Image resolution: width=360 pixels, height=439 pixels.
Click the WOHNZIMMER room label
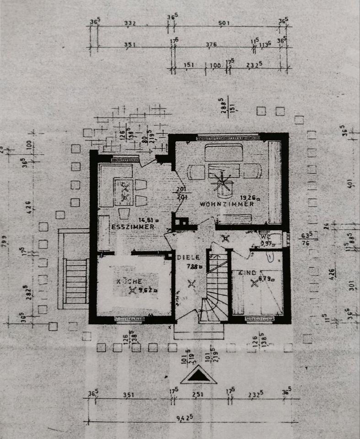[226, 204]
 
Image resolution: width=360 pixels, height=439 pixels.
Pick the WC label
[264, 238]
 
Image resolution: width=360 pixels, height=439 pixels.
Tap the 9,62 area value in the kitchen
[146, 289]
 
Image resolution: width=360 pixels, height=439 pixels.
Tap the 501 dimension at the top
[224, 23]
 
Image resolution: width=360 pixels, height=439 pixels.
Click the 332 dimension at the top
[130, 23]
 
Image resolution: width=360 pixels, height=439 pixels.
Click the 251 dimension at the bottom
[198, 394]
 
